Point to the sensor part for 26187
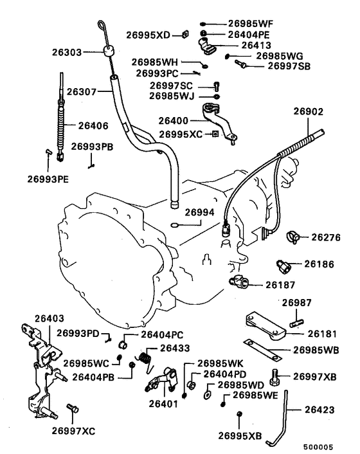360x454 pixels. pos(237,281)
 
